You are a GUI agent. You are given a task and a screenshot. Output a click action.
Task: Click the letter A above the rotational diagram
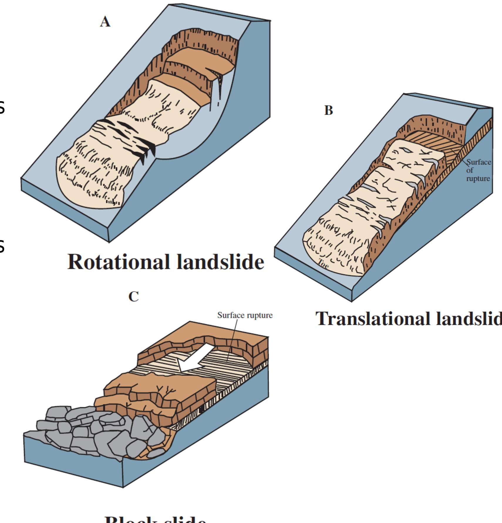[105, 22]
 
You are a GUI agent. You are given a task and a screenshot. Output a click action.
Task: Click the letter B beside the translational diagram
[329, 111]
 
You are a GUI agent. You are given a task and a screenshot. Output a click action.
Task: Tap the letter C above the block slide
[134, 297]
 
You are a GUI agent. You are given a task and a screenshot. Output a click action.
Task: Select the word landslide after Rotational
[220, 262]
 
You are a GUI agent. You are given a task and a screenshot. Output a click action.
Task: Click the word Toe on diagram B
[323, 265]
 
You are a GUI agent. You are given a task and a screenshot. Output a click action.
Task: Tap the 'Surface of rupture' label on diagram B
[478, 170]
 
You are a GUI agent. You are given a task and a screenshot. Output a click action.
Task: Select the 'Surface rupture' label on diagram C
[245, 315]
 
